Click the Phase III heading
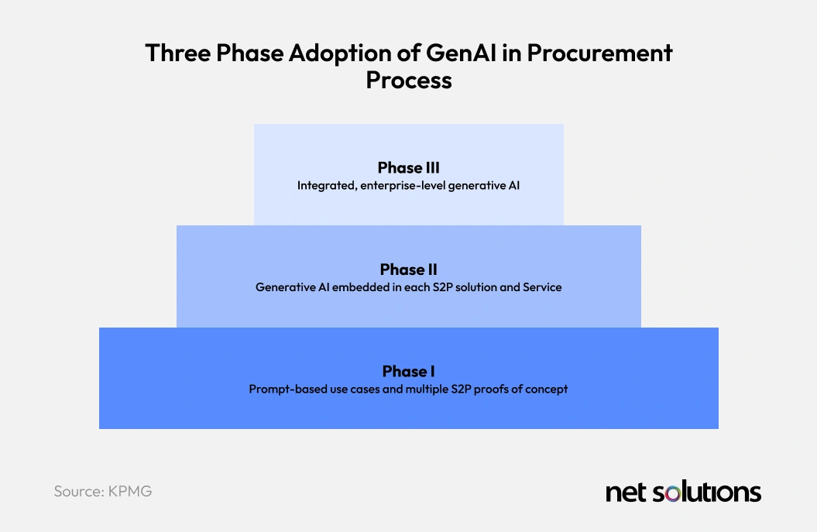(409, 168)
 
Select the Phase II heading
(409, 269)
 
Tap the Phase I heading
(409, 371)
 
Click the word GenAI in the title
(461, 53)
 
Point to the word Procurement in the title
(599, 53)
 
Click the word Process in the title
(409, 80)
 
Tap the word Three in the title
(177, 53)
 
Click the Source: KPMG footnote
(103, 492)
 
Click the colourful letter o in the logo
(672, 493)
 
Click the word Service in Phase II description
(542, 287)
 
